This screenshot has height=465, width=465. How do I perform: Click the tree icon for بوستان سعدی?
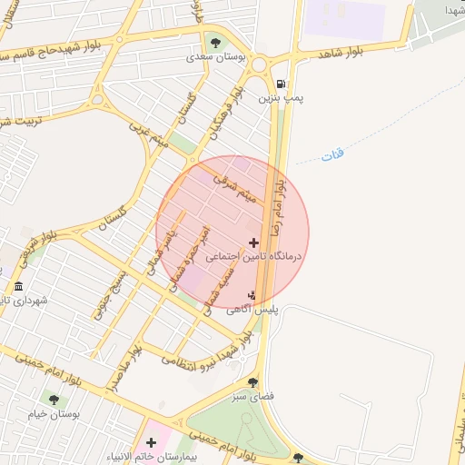(x=215, y=42)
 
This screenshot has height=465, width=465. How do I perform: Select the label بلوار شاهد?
(x=341, y=54)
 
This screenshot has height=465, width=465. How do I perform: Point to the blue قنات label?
(x=332, y=156)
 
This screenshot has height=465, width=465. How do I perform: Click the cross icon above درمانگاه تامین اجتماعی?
(x=252, y=242)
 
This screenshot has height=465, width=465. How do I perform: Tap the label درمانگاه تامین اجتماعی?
(x=258, y=258)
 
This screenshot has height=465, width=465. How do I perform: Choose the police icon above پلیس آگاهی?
(x=252, y=294)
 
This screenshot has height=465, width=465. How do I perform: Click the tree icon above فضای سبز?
(x=252, y=382)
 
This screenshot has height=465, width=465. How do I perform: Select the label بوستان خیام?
(x=54, y=413)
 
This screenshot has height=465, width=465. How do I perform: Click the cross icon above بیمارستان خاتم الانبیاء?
(x=152, y=442)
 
